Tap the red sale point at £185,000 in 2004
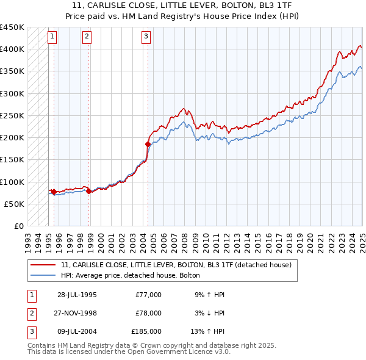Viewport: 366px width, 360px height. pos(148,144)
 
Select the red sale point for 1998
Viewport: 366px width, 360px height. pos(89,191)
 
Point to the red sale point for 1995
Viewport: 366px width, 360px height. pos(54,192)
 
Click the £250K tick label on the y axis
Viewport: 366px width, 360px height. pos(12,115)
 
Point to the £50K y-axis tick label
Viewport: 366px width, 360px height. pos(15,204)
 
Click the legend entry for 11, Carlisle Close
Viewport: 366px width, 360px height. pos(176,265)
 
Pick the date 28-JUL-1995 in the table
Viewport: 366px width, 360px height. pos(77,295)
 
